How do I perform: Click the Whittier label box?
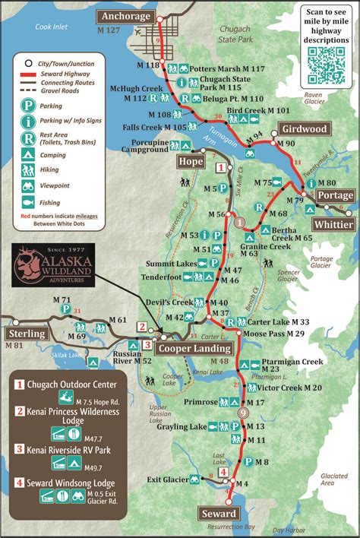333,225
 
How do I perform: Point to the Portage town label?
334,195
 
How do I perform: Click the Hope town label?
191,160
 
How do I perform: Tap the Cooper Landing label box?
194,347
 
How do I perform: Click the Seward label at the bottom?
219,514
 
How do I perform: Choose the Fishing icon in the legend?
28,202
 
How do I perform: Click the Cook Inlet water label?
52,27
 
